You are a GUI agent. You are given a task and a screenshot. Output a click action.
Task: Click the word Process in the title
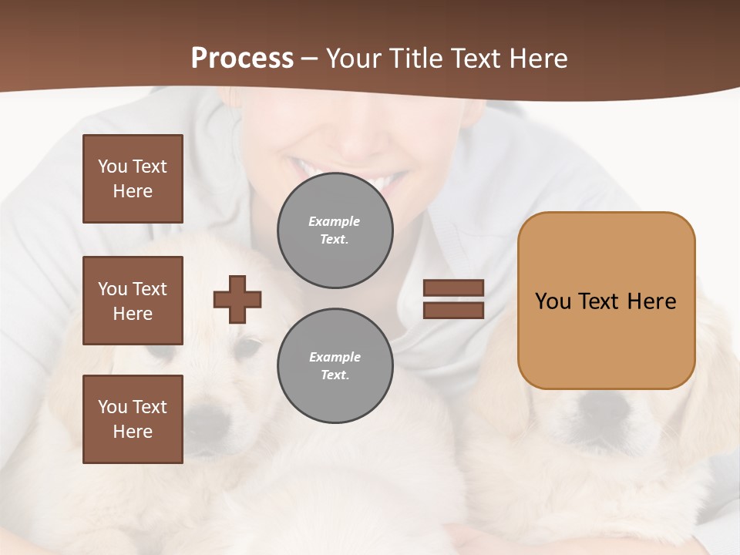(242, 59)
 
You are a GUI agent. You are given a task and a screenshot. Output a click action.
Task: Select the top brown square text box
(133, 179)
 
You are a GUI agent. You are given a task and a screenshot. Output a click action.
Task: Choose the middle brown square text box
(133, 301)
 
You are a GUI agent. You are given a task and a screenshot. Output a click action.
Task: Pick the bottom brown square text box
(133, 419)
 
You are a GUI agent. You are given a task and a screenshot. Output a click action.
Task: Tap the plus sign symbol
(237, 299)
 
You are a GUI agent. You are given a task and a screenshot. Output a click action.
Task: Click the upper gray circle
(335, 230)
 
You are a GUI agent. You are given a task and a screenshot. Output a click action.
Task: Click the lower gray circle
(335, 366)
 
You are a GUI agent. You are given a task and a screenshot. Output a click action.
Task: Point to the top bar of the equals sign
(454, 288)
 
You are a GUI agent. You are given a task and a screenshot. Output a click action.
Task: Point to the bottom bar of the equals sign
(454, 310)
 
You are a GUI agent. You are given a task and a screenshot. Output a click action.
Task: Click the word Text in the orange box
(601, 301)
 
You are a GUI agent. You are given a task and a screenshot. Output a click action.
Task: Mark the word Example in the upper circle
(335, 221)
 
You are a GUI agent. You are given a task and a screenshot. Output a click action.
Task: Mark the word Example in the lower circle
(335, 357)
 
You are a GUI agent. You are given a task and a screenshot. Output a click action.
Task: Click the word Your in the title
(353, 59)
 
